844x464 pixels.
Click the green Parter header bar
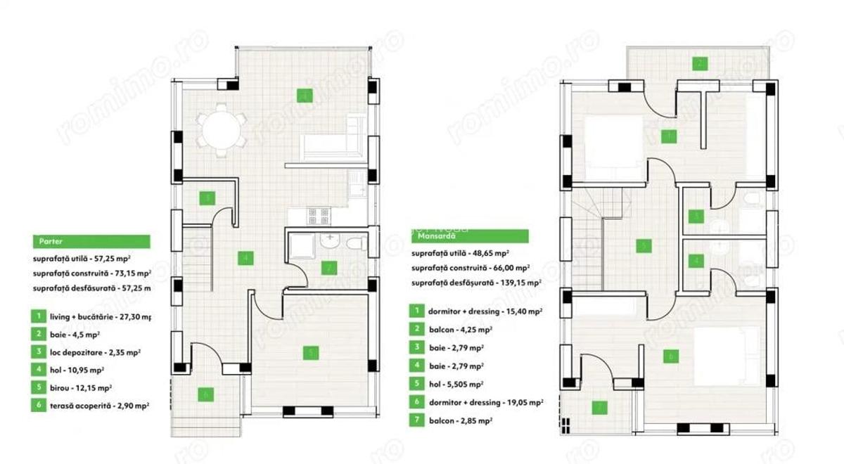[91, 241]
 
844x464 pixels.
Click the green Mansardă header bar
[469, 236]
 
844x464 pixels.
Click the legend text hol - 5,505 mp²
[456, 384]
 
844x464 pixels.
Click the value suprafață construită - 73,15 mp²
[92, 273]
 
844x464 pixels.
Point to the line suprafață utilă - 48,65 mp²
[461, 252]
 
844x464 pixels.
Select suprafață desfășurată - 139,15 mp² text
[476, 283]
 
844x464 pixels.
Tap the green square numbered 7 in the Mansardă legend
[417, 420]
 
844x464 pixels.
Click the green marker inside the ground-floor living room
[304, 96]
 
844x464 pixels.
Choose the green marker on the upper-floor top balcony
[698, 63]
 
